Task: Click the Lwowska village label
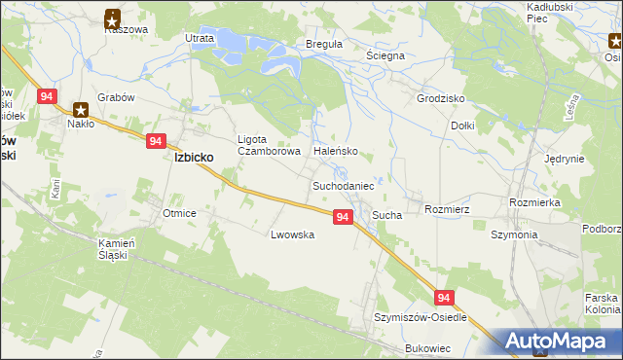click(x=293, y=234)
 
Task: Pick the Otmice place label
click(x=180, y=213)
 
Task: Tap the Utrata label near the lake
click(x=200, y=38)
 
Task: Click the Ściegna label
click(x=385, y=56)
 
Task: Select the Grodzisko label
click(x=440, y=99)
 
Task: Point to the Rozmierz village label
click(x=448, y=209)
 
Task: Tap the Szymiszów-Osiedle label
click(x=421, y=318)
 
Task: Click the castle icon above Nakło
click(x=81, y=109)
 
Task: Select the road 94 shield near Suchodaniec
click(x=342, y=217)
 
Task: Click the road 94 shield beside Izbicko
click(x=157, y=141)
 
